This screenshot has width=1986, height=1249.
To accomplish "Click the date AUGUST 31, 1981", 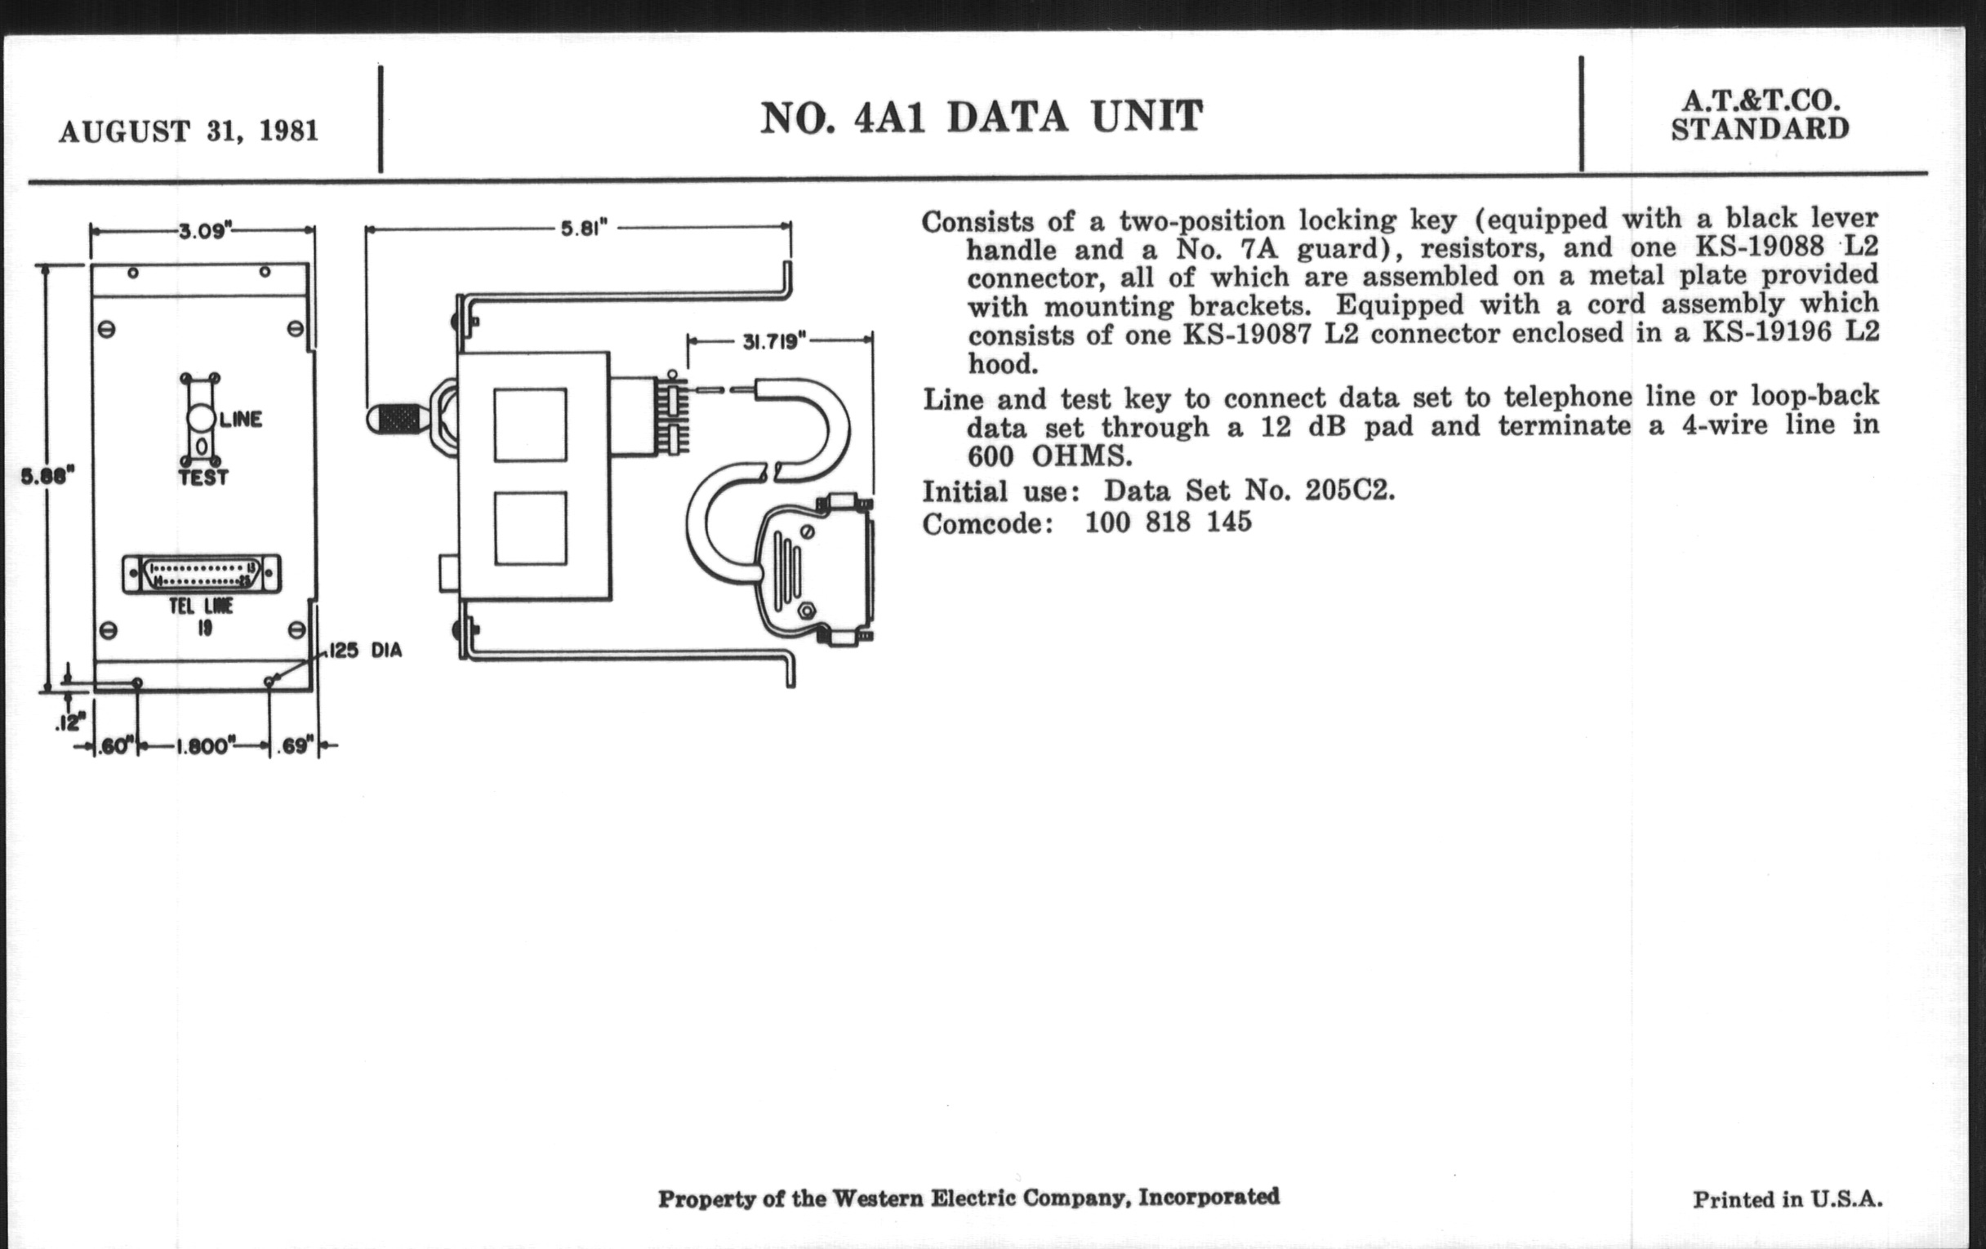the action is click(x=188, y=131).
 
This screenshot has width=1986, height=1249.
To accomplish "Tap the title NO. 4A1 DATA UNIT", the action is click(x=982, y=118).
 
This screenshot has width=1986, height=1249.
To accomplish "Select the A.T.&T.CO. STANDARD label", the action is click(x=1760, y=114).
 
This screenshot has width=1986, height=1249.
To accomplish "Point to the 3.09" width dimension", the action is click(x=202, y=230).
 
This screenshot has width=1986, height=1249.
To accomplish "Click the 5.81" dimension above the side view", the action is click(x=584, y=229).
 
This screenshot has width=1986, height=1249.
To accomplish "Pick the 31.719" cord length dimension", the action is click(x=774, y=341).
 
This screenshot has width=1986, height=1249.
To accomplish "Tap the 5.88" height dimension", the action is click(x=48, y=477).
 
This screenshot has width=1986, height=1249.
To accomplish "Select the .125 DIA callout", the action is click(x=363, y=651).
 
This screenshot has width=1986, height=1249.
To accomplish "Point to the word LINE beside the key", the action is click(x=241, y=420).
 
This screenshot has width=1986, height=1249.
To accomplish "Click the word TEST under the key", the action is click(x=203, y=478).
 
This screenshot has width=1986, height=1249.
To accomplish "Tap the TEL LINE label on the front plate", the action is click(x=201, y=607).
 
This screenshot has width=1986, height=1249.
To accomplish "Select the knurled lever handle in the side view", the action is click(x=398, y=419).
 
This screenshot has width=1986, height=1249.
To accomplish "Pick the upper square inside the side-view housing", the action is click(x=530, y=424).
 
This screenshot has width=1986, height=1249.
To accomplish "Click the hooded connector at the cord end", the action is click(x=817, y=570).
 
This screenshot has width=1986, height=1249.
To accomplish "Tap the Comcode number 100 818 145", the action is click(x=1168, y=522).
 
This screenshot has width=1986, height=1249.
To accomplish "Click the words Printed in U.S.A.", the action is click(x=1788, y=1198).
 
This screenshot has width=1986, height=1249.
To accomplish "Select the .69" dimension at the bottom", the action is click(x=295, y=746).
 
